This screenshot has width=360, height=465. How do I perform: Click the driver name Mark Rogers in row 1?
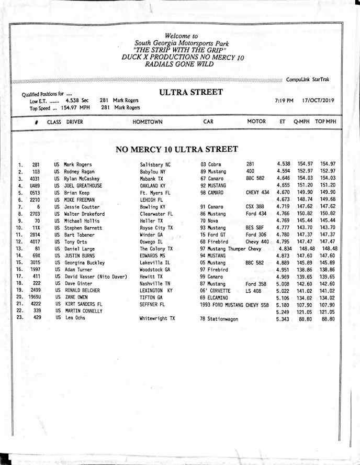(77, 164)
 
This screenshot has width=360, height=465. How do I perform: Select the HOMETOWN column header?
(148, 122)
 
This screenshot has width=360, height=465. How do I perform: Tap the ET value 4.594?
(283, 171)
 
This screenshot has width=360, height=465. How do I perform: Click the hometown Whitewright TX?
(157, 318)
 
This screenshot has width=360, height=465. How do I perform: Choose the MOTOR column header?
(256, 121)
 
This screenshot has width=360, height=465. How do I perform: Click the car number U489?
(35, 185)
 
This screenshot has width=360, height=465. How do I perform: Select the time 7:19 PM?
(284, 100)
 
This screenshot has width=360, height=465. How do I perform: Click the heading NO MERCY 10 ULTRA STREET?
(177, 149)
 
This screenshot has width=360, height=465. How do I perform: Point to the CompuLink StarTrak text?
(308, 80)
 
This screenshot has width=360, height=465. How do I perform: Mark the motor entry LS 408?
(253, 291)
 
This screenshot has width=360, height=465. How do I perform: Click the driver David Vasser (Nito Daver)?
(96, 276)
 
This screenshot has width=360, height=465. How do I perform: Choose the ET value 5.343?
(283, 319)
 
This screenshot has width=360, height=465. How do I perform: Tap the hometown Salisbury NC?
(155, 164)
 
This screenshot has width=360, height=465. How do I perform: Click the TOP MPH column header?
(325, 121)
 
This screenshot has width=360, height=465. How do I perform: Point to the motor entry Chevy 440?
(257, 242)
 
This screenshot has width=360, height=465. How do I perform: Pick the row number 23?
(20, 317)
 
